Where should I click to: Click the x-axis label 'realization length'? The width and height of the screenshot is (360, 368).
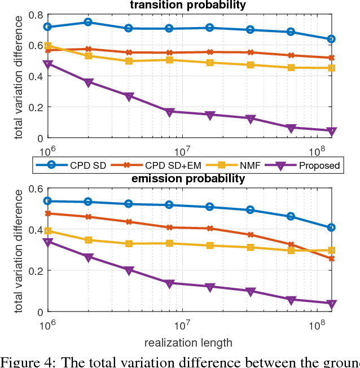click(188, 343)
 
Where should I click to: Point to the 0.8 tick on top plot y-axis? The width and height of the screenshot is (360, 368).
click(35, 15)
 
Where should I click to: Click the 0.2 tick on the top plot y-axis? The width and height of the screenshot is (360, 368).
click(35, 107)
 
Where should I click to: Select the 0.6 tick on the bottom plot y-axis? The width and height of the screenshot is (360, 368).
click(35, 189)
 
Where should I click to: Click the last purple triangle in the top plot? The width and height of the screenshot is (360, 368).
click(332, 132)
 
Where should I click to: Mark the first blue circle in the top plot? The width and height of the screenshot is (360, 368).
click(48, 27)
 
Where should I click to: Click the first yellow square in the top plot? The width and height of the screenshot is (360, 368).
click(48, 46)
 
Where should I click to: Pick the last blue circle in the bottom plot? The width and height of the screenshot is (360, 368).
click(332, 227)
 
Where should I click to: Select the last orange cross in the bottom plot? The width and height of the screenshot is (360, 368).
click(332, 259)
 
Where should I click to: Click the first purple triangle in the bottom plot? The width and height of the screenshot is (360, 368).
click(48, 242)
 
